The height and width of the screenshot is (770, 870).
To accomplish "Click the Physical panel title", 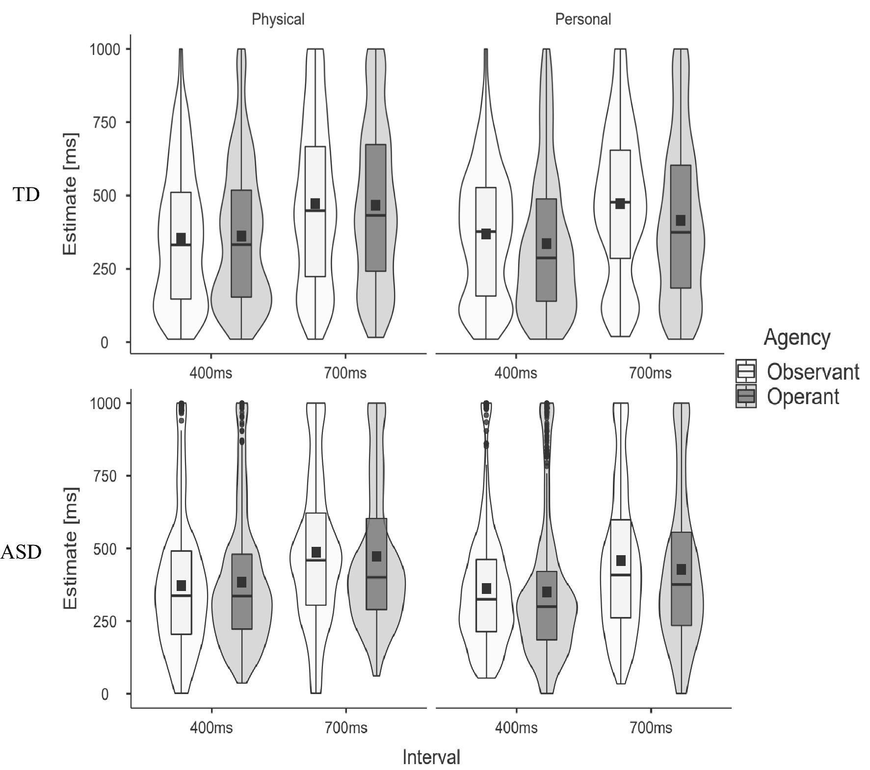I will (x=278, y=20).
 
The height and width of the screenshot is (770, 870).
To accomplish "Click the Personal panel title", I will (x=582, y=20).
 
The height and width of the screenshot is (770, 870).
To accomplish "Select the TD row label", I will (x=26, y=195).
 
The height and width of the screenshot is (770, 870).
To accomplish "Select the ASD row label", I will (x=21, y=552).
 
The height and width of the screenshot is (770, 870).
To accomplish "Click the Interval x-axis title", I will (x=431, y=757).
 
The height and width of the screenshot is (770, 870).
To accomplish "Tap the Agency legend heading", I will (x=797, y=338).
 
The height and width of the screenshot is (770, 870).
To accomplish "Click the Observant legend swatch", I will (x=746, y=371).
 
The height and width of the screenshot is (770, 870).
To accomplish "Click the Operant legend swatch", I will (x=746, y=396).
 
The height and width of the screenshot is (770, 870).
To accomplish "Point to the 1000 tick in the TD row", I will (x=105, y=50).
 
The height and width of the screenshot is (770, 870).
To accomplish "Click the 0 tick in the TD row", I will (x=105, y=342).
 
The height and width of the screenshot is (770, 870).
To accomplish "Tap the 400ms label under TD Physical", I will (x=211, y=373).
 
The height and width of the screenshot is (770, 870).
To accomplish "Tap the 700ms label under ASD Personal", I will (x=651, y=727).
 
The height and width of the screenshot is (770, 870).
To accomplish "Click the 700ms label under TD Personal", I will (x=650, y=373).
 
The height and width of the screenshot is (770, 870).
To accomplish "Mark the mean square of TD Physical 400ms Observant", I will (x=181, y=239).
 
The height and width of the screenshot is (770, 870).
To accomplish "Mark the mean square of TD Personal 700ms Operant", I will (x=681, y=220).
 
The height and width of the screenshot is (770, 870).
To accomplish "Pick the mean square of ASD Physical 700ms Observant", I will (x=316, y=552).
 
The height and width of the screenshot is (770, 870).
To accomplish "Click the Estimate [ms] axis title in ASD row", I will (x=71, y=548).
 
